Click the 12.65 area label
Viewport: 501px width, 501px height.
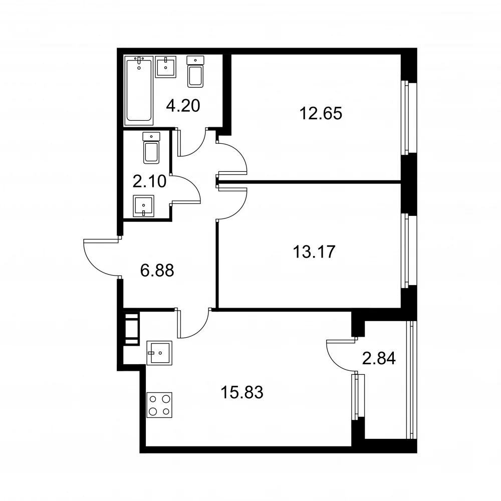321,113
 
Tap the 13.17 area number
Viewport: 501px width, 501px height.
314,252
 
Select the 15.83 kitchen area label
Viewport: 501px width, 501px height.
242,392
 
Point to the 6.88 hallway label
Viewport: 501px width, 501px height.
157,271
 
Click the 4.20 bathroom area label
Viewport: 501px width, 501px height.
183,106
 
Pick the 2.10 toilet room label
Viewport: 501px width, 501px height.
149,181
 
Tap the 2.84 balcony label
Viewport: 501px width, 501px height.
379,358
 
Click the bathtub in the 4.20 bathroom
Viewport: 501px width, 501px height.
139,91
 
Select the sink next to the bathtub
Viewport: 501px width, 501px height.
165,67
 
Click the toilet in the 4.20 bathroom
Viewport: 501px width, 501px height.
195,72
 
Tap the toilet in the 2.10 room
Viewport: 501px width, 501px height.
151,148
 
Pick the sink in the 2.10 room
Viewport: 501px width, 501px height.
143,206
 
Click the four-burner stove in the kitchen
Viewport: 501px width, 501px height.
159,405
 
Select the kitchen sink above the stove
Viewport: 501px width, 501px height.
159,353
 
